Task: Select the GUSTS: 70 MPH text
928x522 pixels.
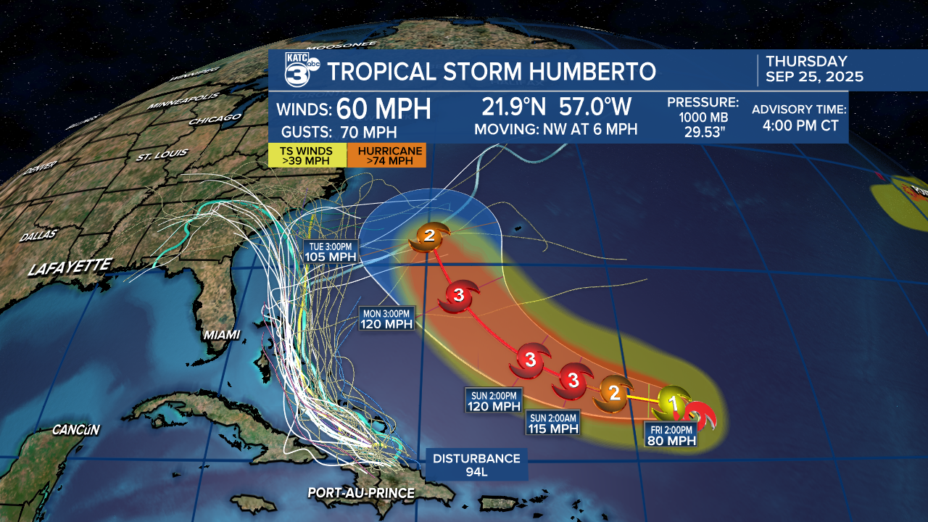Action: tap(339, 132)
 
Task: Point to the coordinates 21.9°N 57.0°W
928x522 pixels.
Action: tap(555, 107)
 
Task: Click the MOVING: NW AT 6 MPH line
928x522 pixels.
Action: tap(555, 130)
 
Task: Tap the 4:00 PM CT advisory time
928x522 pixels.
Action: tap(800, 125)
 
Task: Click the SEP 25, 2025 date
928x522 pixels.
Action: tap(814, 77)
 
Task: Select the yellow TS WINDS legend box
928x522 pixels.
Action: tap(306, 155)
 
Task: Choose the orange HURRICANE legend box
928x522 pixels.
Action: tap(386, 155)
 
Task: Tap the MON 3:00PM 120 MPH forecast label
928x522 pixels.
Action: tap(387, 318)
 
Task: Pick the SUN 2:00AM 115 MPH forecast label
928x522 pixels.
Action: tap(553, 423)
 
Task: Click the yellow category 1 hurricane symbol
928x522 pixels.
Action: tap(671, 402)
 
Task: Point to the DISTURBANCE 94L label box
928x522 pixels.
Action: tap(476, 465)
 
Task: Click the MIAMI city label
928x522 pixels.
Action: tap(222, 334)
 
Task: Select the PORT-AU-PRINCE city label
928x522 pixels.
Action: tap(361, 493)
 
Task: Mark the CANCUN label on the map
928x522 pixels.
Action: tap(75, 430)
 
